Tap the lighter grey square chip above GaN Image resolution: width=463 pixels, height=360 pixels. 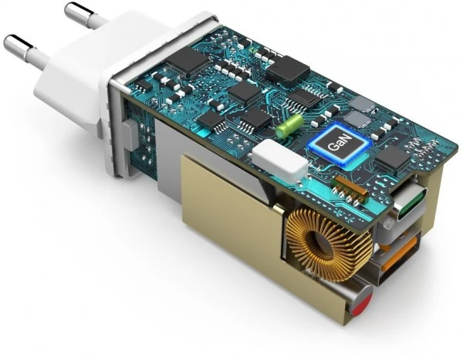[360, 105]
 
